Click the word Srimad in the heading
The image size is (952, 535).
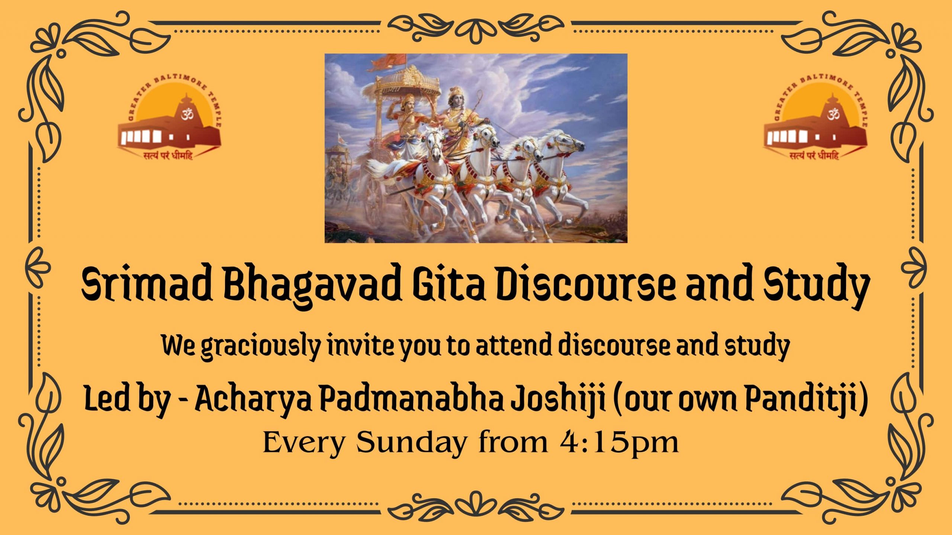[x=147, y=286]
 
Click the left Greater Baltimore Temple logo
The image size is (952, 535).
[x=170, y=119]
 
